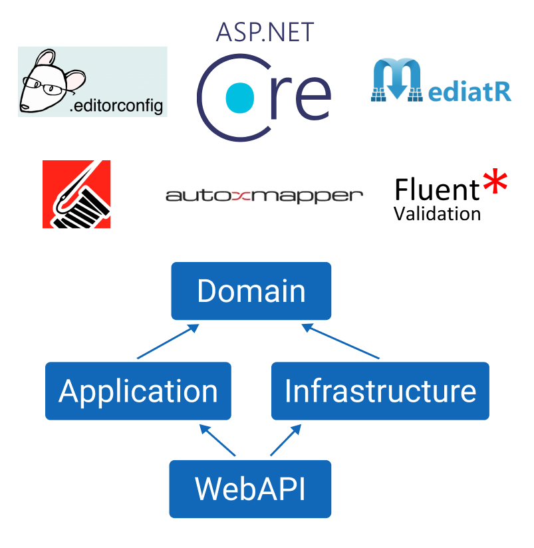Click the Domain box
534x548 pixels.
click(x=251, y=291)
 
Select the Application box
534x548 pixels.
click(x=138, y=391)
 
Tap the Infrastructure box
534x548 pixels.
click(x=380, y=391)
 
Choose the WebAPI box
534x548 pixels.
click(x=250, y=489)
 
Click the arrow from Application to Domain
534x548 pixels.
click(x=166, y=342)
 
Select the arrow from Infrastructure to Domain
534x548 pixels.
click(x=340, y=342)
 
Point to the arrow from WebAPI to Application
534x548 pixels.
click(x=217, y=442)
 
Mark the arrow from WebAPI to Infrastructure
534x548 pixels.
click(x=285, y=442)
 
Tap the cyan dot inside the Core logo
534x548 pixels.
click(x=240, y=96)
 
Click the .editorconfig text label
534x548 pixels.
click(x=117, y=106)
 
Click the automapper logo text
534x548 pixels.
click(x=264, y=196)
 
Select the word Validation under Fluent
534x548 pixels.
click(x=437, y=213)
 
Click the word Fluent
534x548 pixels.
click(x=437, y=190)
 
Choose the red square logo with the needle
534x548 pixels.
click(x=76, y=194)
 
